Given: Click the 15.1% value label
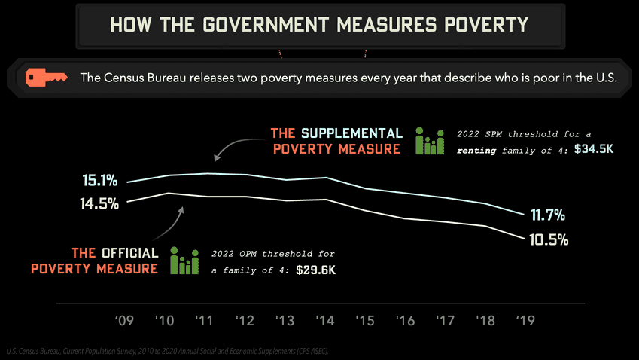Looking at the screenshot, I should coord(100,181).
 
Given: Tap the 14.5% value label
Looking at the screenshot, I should coord(100,203).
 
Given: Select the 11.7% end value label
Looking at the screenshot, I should coord(548,215).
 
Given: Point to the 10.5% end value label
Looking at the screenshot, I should coord(548,240).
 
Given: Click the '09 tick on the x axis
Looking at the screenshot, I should coord(125,321).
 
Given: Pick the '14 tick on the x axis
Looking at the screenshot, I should coord(326,321).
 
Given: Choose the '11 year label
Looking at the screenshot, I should coord(205,321).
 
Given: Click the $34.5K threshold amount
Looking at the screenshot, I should coord(594,149).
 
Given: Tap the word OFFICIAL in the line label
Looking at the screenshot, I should coord(130,253).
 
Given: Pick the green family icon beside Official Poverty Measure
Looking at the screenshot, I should coord(184,261).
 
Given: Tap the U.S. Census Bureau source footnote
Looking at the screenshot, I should coord(166,351).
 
